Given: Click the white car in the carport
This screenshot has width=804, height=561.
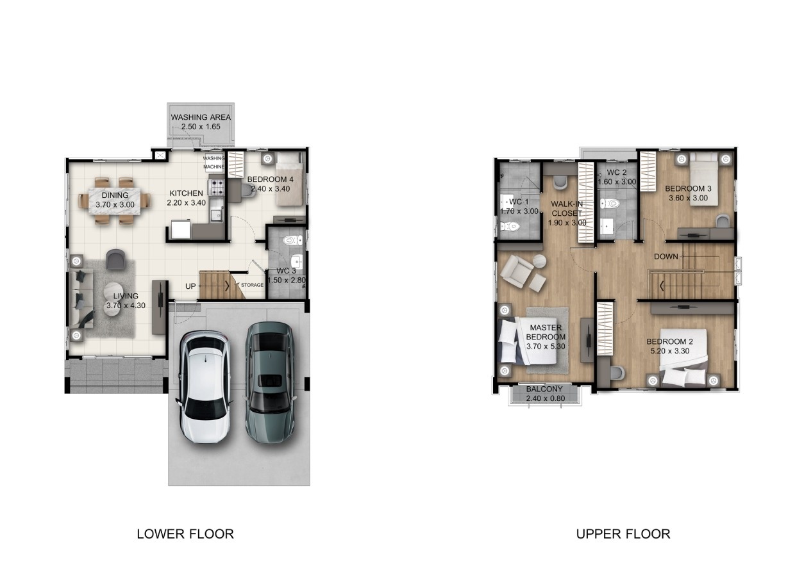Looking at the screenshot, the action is click(x=206, y=387).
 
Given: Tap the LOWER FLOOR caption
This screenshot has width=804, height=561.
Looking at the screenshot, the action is click(x=185, y=534).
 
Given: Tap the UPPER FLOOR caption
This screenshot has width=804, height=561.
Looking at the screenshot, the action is click(x=623, y=534).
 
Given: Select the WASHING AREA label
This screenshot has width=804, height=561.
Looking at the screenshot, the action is click(x=201, y=117).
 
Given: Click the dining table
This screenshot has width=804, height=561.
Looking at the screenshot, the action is click(x=115, y=201).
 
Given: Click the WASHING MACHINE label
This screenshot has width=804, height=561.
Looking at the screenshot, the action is click(x=214, y=163).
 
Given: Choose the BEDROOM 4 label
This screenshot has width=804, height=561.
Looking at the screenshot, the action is click(x=271, y=179).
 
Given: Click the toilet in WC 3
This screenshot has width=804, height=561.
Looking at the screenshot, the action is click(x=292, y=240).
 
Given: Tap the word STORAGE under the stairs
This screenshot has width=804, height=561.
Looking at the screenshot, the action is click(x=252, y=285).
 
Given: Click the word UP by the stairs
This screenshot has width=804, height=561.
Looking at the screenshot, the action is click(x=190, y=286).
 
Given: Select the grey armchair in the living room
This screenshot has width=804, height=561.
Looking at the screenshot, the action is click(x=116, y=259).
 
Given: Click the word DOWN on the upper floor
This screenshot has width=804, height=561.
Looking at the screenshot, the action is click(x=666, y=257).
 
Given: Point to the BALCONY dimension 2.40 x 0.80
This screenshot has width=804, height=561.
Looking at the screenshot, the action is click(x=545, y=398).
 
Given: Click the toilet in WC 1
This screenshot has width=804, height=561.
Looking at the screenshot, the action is click(x=510, y=226).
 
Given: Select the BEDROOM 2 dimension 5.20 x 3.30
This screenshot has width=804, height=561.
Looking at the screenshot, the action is click(x=670, y=351).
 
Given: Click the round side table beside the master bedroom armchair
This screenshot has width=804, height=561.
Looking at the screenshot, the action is click(x=539, y=261).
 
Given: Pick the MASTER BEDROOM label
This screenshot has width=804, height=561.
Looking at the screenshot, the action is click(x=546, y=332).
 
